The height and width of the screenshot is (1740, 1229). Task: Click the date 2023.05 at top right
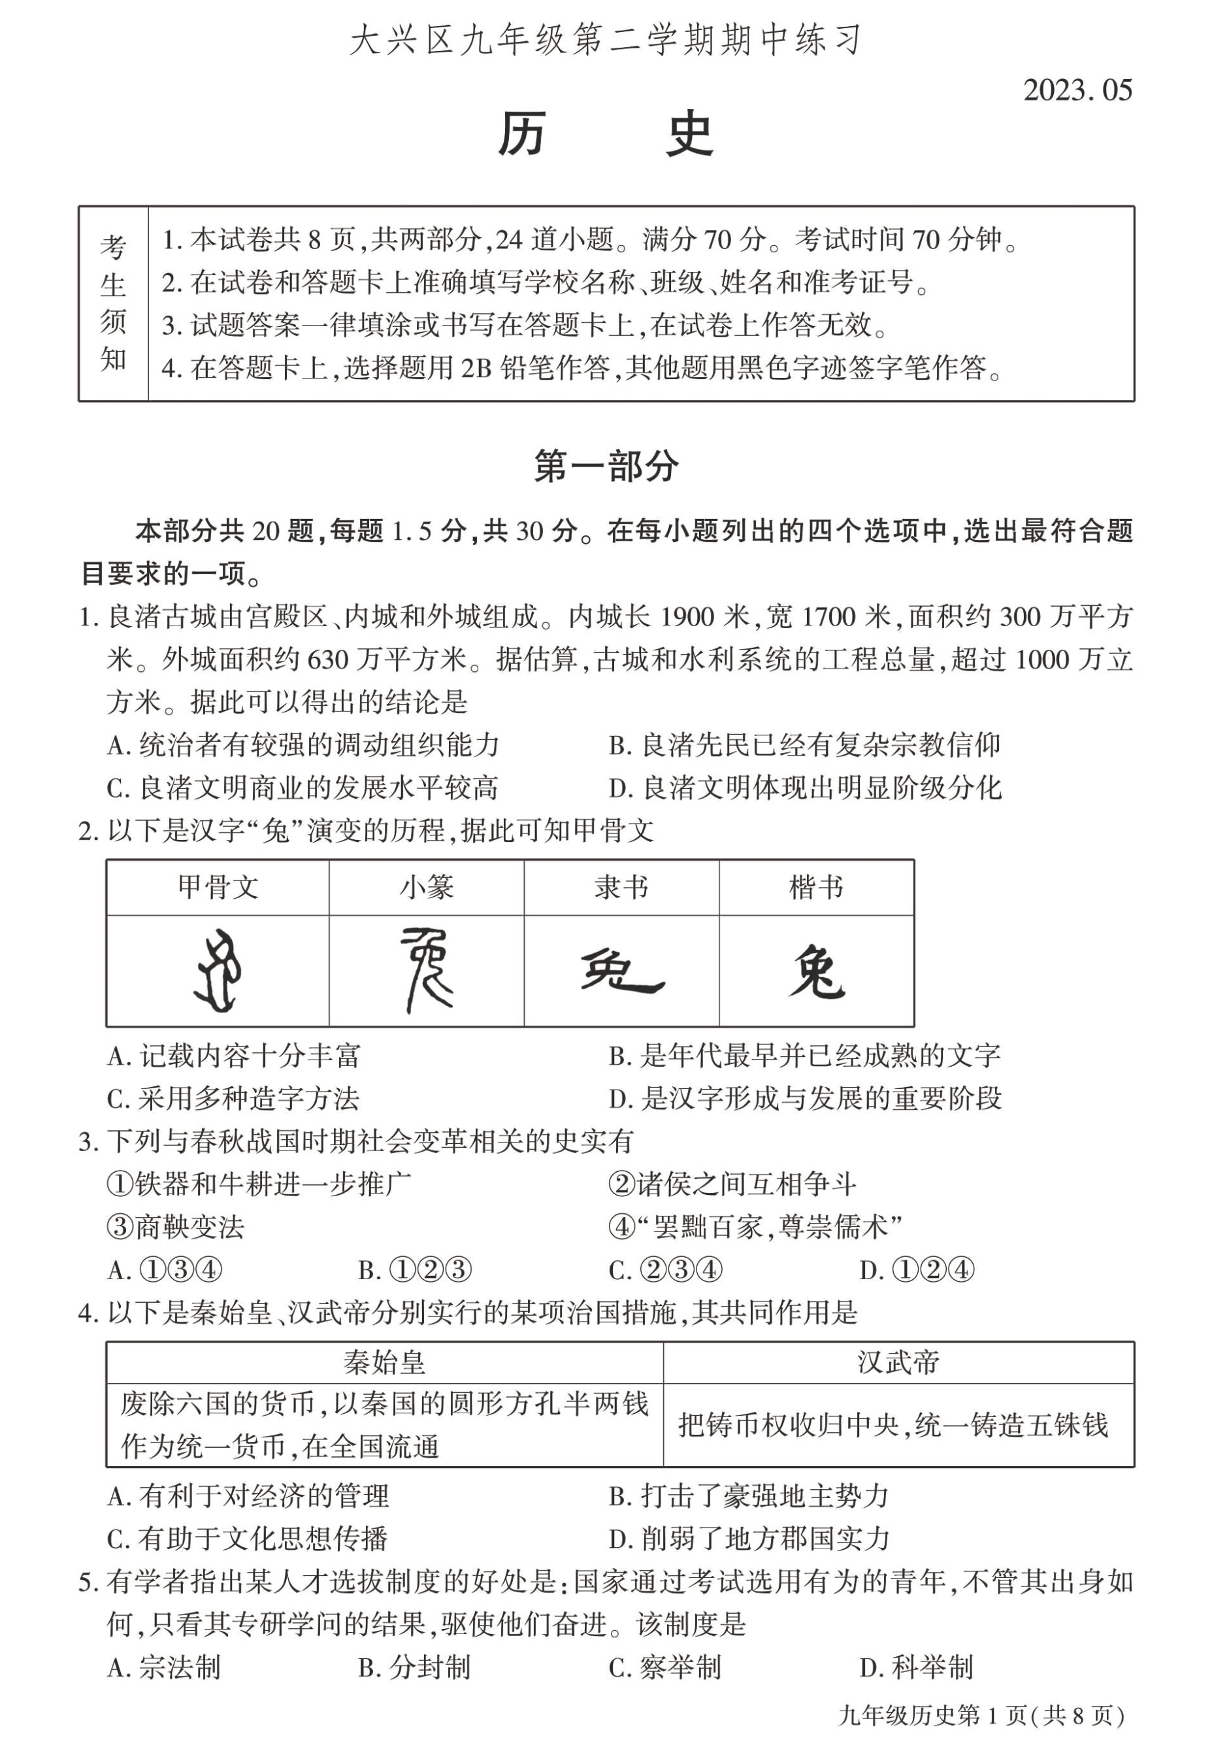point(1077,90)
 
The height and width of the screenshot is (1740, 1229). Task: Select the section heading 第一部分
point(606,465)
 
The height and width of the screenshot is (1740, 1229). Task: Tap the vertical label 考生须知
point(114,303)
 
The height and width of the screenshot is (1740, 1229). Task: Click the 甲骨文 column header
point(218,888)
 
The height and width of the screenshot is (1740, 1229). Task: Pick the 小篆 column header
point(427,888)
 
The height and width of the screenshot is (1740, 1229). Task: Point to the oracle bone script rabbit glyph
point(218,971)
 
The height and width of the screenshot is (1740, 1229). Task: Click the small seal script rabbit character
point(427,971)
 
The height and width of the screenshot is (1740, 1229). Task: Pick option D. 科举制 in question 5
point(916,1667)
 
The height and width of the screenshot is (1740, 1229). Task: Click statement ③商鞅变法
point(176,1227)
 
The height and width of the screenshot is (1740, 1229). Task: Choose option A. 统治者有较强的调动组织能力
point(303,745)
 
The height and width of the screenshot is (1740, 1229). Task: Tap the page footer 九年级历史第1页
point(981,1715)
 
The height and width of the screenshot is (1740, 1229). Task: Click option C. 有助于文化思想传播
point(248,1539)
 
